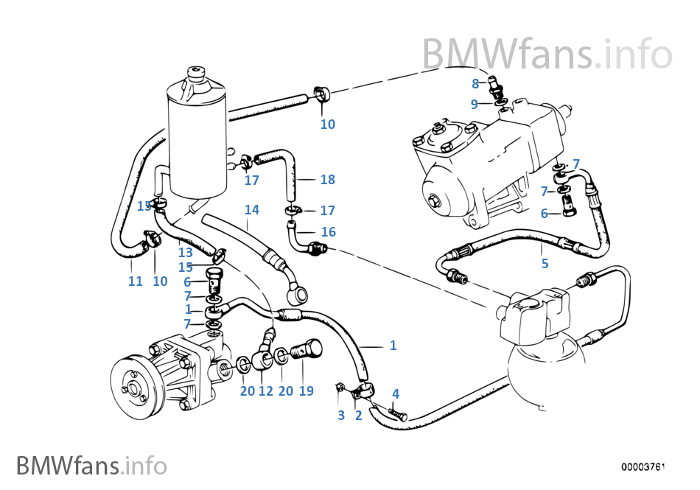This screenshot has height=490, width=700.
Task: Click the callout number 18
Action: [x=327, y=180]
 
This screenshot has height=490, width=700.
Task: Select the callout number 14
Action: [x=252, y=210]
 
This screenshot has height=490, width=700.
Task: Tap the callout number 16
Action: [x=328, y=232]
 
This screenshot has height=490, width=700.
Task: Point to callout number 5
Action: [x=545, y=263]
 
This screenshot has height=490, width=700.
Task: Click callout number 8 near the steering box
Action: [x=475, y=84]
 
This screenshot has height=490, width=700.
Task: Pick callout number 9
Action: [x=475, y=104]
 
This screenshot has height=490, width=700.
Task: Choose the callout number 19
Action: [x=307, y=391]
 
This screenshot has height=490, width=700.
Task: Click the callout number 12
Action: [x=266, y=391]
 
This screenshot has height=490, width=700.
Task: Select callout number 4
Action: [x=396, y=394]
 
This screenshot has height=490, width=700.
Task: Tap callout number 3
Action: [x=341, y=416]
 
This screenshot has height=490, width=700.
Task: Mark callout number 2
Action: [x=359, y=416]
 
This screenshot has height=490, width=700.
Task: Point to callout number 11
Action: [x=135, y=281]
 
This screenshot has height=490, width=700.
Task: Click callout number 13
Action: [x=184, y=253]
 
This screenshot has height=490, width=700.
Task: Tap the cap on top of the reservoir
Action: [x=197, y=74]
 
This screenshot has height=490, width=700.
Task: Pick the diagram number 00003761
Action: [x=643, y=466]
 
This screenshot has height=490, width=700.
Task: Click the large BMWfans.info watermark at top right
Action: [x=547, y=53]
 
